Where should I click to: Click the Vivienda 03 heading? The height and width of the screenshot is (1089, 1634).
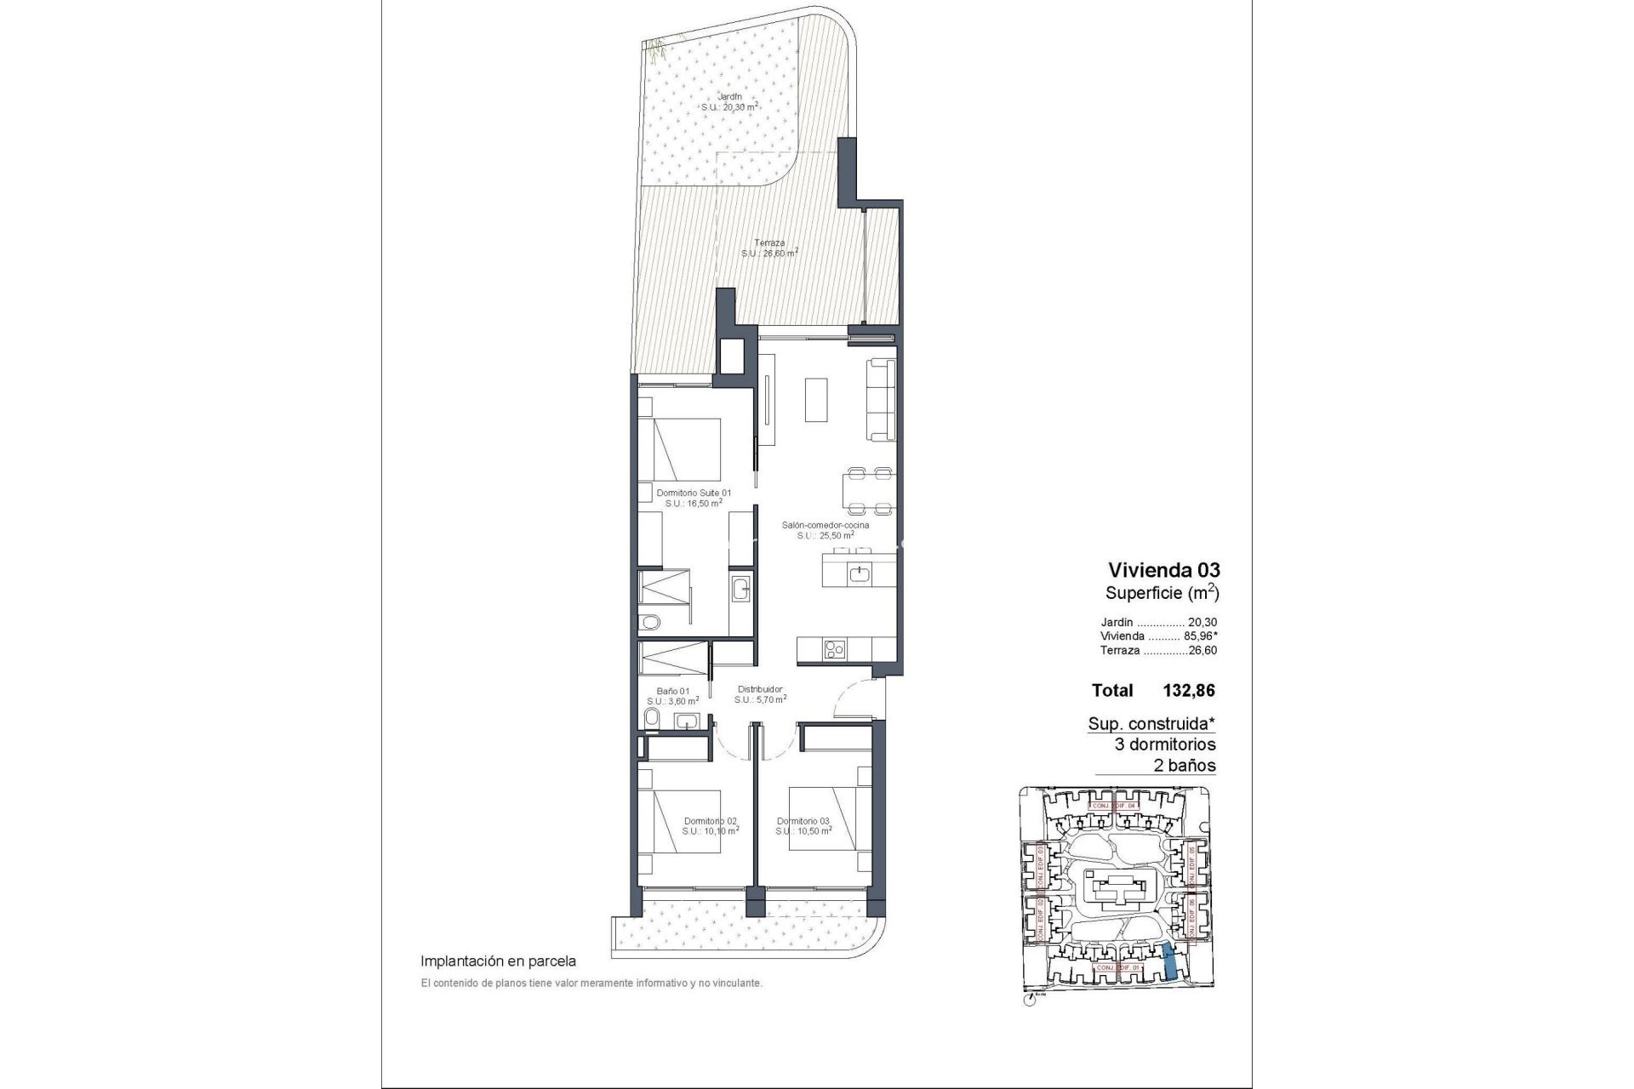(1163, 569)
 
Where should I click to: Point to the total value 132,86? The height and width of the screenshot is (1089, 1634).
(1188, 691)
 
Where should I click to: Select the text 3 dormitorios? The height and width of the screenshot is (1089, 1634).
(1165, 744)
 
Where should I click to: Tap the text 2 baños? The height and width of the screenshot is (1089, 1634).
(1184, 765)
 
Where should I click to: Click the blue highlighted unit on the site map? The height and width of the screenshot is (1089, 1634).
(1171, 961)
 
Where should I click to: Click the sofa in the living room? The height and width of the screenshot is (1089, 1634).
(881, 400)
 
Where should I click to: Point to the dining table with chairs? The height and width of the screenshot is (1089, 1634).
(868, 491)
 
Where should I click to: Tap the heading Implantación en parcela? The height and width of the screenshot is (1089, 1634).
(499, 961)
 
